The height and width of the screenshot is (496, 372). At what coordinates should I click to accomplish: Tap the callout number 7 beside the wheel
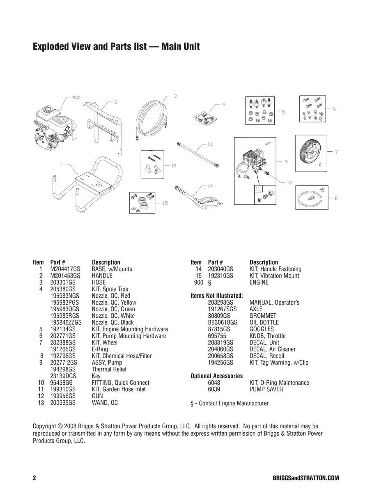pyautogui.click(x=336, y=152)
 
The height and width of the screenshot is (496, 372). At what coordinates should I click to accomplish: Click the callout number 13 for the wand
pyautogui.click(x=209, y=145)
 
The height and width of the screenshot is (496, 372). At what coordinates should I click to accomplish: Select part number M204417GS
pyautogui.click(x=65, y=269)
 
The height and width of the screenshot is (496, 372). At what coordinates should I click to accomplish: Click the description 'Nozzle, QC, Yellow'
pyautogui.click(x=114, y=303)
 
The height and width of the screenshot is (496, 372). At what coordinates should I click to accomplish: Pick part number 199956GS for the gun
pyautogui.click(x=63, y=396)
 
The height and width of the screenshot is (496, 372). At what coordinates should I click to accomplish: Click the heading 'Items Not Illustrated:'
pyautogui.click(x=216, y=296)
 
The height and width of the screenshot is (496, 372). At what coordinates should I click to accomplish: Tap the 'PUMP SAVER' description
pyautogui.click(x=266, y=389)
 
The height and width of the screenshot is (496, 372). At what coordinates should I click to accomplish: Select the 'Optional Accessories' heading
pyautogui.click(x=216, y=376)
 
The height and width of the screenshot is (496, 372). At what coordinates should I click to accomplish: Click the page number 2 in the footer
pyautogui.click(x=34, y=478)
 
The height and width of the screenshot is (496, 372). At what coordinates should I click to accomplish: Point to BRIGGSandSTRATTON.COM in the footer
pyautogui.click(x=305, y=478)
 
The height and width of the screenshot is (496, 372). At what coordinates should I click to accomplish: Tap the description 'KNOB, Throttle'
pyautogui.click(x=267, y=336)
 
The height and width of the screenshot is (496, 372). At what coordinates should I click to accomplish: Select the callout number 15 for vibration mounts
pyautogui.click(x=165, y=203)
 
